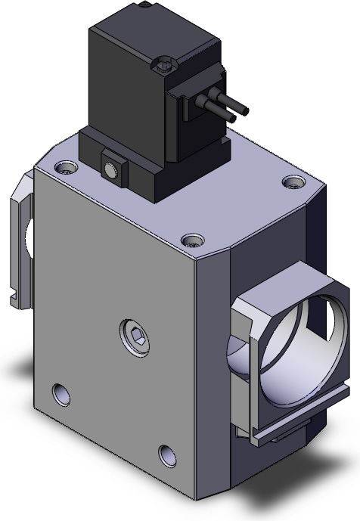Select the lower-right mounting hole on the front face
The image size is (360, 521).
[166, 454]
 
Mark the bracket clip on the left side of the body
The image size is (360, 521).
[20, 234]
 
